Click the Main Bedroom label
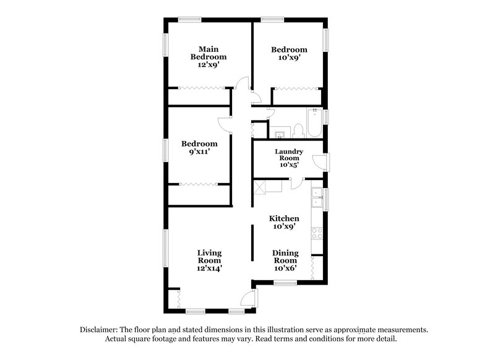pyautogui.click(x=204, y=56)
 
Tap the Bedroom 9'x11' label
pyautogui.click(x=199, y=148)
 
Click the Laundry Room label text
pyautogui.click(x=289, y=158)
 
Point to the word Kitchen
pyautogui.click(x=284, y=218)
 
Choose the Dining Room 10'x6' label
pyautogui.click(x=285, y=260)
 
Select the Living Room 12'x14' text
pyautogui.click(x=210, y=260)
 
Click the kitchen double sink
pyautogui.click(x=317, y=197)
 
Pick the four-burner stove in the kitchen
pyautogui.click(x=317, y=234)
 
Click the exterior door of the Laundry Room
pyautogui.click(x=321, y=162)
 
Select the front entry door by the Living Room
pyautogui.click(x=249, y=299)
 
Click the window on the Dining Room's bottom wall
pyautogui.click(x=285, y=283)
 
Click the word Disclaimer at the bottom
pyautogui.click(x=99, y=330)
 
